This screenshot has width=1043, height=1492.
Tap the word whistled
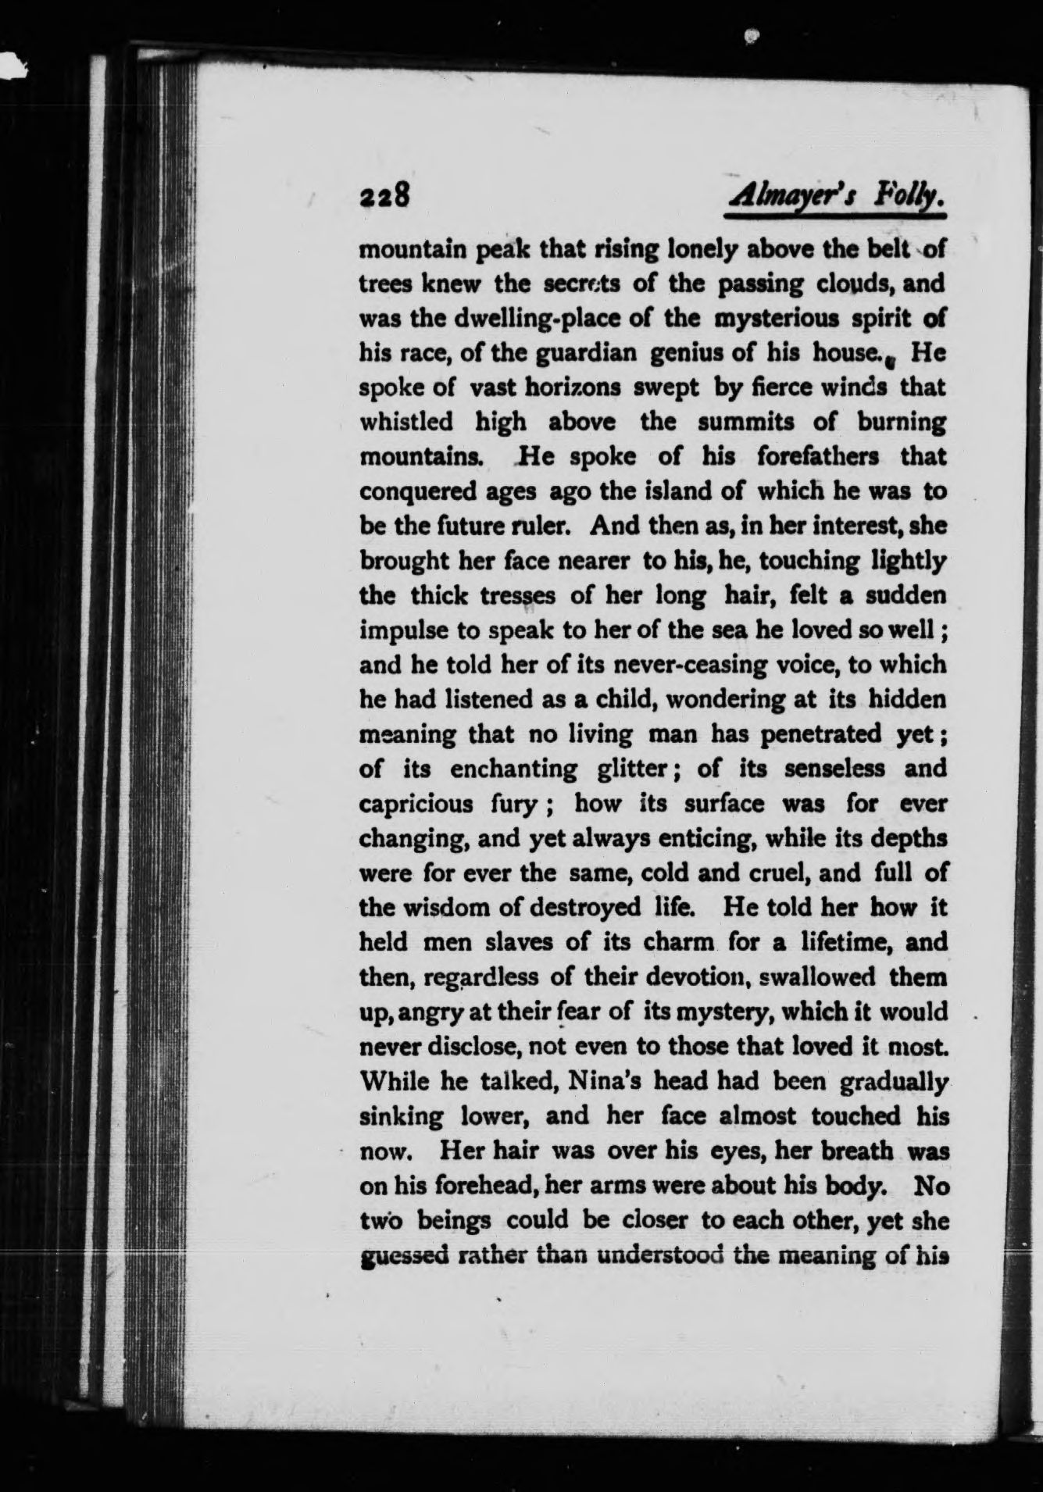(405, 423)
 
